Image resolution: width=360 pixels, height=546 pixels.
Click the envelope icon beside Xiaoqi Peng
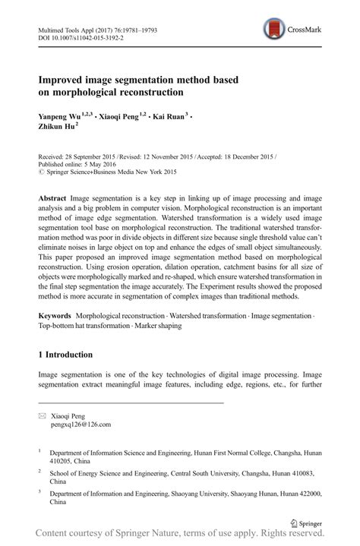pyautogui.click(x=42, y=416)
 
